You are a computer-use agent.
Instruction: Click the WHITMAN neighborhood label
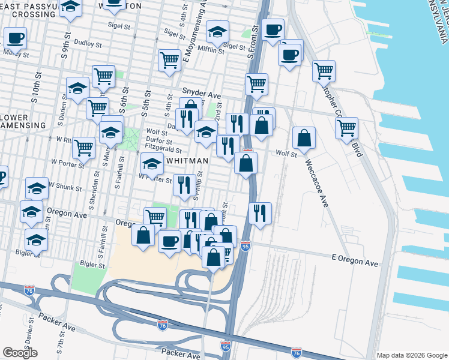[187, 161]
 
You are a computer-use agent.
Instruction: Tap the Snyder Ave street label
[202, 94]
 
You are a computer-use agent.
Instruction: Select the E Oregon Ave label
[355, 263]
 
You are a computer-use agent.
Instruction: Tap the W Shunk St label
[65, 187]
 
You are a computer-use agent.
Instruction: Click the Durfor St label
[159, 142]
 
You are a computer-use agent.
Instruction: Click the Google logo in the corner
[20, 353]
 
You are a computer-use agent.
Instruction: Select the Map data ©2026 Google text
[411, 355]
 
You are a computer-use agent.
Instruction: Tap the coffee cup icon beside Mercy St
[15, 38]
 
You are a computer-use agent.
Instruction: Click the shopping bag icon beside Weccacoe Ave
[304, 138]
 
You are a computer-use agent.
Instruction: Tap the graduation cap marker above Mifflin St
[217, 31]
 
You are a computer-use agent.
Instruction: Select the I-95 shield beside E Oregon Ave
[245, 246]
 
